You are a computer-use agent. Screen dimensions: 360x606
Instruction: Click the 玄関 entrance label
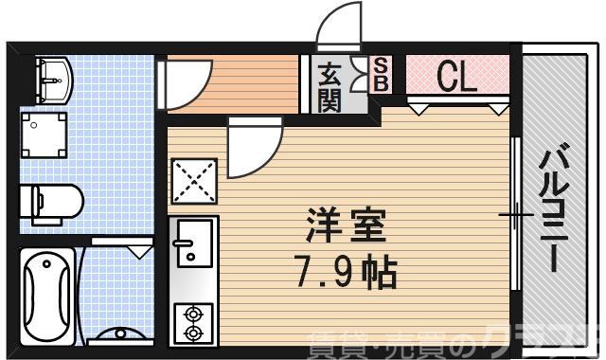[330, 86]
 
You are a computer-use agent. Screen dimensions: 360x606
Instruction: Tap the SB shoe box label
[380, 75]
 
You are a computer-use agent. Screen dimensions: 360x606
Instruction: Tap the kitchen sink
[193, 241]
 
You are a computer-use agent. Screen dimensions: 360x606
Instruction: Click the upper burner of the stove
[194, 314]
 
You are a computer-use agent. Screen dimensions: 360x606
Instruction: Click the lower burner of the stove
[194, 333]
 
